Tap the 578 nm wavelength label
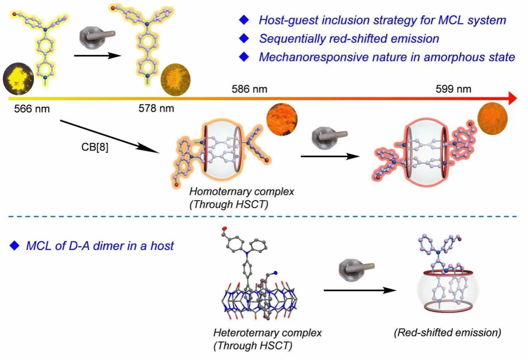click(x=156, y=110)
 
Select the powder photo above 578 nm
click(x=175, y=79)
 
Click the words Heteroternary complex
click(x=268, y=333)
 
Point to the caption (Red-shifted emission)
click(x=448, y=332)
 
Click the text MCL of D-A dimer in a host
click(x=100, y=246)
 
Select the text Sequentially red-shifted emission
click(x=349, y=39)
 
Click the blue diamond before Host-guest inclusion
click(x=243, y=20)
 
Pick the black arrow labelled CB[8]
click(x=111, y=136)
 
